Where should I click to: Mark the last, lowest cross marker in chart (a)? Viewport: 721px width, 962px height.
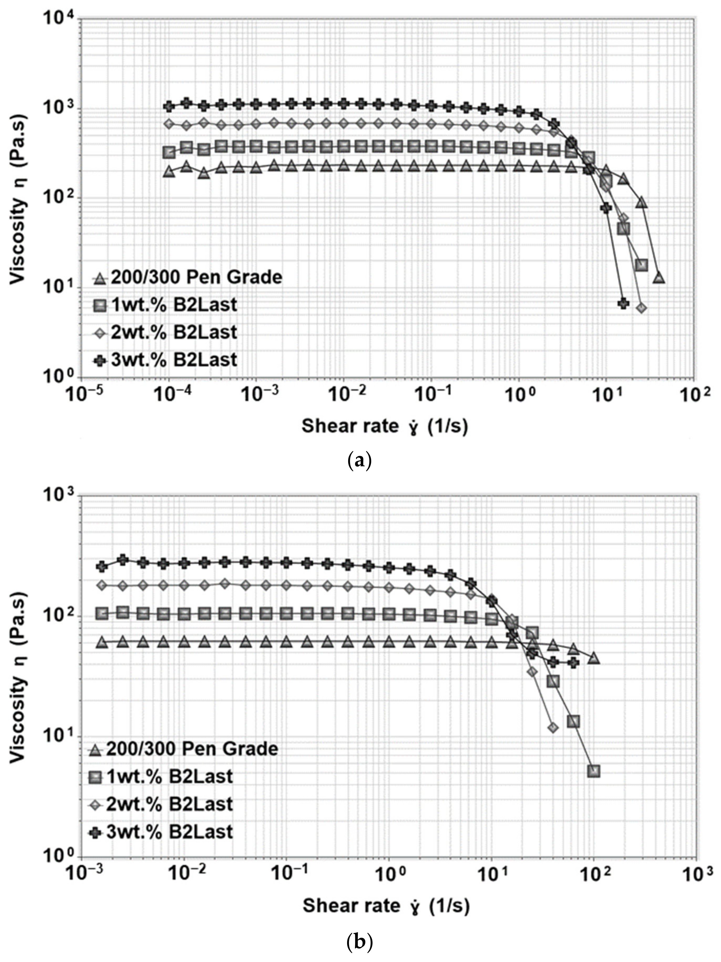(623, 303)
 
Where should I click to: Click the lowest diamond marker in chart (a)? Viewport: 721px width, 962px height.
(641, 308)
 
